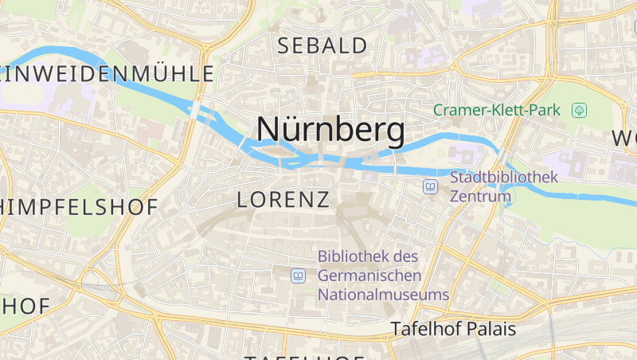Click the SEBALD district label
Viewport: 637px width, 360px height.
click(x=322, y=46)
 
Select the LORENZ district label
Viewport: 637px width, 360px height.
click(x=283, y=200)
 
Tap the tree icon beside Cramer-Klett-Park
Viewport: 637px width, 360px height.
click(x=579, y=110)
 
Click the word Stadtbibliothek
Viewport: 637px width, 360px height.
click(x=504, y=177)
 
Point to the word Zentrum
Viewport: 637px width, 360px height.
click(x=480, y=196)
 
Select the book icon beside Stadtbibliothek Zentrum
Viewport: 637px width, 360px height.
click(x=430, y=186)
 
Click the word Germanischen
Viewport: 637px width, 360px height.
click(x=369, y=276)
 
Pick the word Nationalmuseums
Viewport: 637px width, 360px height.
click(x=383, y=295)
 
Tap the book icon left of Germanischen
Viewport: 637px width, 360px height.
click(x=298, y=276)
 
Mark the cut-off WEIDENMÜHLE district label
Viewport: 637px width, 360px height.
click(x=107, y=74)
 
